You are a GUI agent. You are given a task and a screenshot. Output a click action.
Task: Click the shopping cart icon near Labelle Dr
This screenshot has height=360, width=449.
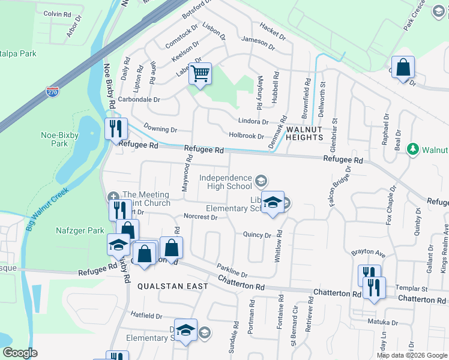[200, 74]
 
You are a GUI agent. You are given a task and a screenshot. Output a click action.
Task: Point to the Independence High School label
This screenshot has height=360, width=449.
[226, 182]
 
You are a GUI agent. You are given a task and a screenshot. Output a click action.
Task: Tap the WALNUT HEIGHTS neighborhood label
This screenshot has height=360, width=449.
[305, 133]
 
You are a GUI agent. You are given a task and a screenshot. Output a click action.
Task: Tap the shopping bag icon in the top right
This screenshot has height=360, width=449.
[403, 67]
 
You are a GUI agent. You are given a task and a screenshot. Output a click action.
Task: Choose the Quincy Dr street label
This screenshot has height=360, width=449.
[258, 235]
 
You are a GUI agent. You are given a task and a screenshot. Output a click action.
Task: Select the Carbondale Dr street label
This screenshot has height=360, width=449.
[139, 100]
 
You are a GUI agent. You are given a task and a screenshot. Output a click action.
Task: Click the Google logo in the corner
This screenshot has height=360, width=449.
[20, 353]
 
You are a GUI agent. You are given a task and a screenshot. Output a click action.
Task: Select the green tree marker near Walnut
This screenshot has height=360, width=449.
[412, 149]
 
